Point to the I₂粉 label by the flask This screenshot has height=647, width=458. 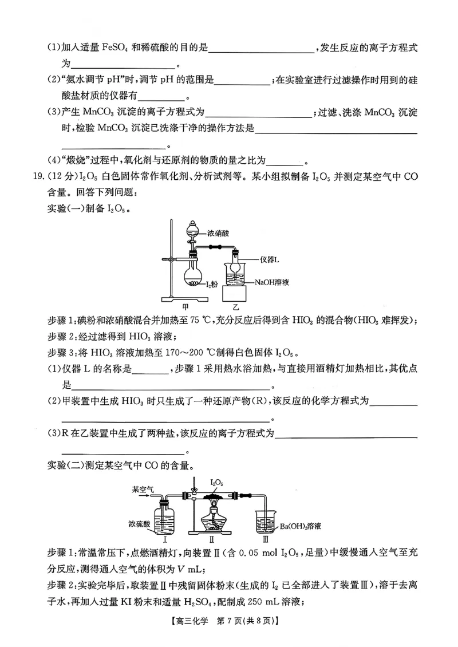click(x=213, y=283)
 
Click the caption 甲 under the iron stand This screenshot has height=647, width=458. click(x=185, y=306)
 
